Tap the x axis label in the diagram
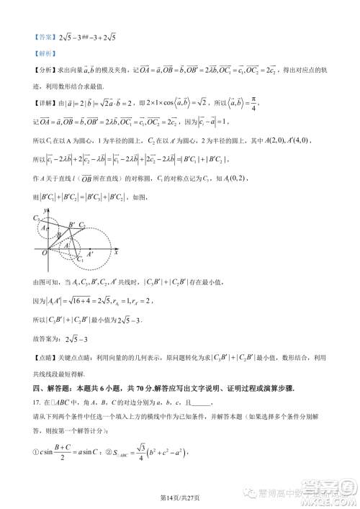click(115, 254)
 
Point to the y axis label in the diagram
click(45, 210)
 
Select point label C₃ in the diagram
click(36, 217)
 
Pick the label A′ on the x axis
click(89, 254)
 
